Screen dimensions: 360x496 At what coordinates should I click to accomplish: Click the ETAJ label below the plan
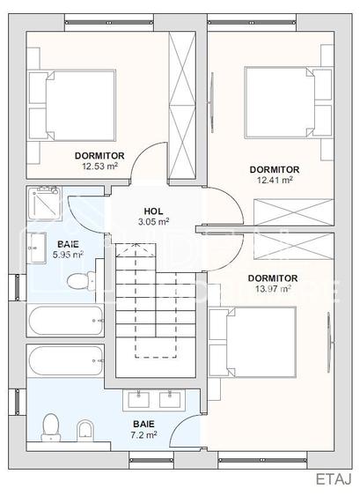click(x=334, y=479)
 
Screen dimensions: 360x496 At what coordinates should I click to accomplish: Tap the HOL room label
click(x=154, y=211)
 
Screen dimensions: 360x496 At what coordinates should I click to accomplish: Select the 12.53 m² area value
click(x=100, y=167)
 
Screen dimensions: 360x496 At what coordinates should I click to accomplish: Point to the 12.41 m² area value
click(x=275, y=180)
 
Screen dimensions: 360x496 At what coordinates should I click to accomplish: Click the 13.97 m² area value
click(x=273, y=289)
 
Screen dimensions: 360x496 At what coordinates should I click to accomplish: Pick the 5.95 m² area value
click(x=68, y=255)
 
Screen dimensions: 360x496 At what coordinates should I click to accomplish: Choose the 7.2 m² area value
click(x=143, y=435)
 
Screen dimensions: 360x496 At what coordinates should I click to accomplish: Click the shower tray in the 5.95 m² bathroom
click(x=44, y=203)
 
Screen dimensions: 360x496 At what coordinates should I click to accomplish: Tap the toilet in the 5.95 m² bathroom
click(x=81, y=280)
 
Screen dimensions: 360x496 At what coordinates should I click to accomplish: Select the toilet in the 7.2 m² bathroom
click(x=50, y=427)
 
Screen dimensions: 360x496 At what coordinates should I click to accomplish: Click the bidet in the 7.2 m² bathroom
click(x=85, y=431)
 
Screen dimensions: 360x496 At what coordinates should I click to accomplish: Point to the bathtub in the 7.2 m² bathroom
click(x=65, y=360)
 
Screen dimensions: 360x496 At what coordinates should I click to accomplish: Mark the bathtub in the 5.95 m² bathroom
click(x=65, y=320)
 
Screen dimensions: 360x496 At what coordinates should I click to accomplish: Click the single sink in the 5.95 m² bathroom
click(x=37, y=248)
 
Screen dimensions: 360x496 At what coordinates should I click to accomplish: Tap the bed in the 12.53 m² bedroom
click(x=72, y=106)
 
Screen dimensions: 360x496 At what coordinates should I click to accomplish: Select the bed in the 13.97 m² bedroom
click(x=253, y=342)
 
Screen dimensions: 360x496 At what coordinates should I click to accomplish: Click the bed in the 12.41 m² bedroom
click(x=288, y=102)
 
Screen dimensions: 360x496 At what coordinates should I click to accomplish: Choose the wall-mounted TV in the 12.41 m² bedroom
click(x=211, y=102)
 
